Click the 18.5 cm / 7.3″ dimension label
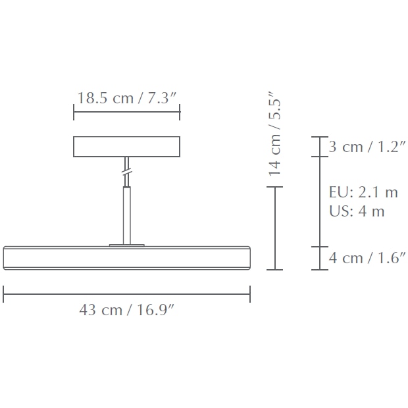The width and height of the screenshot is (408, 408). point(127,99)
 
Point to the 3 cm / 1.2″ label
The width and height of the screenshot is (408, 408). point(368,147)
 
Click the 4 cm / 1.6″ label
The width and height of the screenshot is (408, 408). point(368,257)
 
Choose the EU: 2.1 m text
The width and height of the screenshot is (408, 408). point(363,192)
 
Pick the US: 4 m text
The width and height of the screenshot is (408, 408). point(357,211)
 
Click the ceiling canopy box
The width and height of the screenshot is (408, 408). point(126,147)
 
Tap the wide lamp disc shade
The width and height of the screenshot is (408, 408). point(126,257)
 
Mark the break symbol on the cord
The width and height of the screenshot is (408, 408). point(126,173)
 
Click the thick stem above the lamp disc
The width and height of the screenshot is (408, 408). point(126,214)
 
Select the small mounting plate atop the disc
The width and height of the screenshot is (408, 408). point(126,244)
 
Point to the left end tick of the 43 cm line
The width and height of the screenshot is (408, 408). point(4,293)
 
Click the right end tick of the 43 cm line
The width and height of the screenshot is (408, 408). point(250,293)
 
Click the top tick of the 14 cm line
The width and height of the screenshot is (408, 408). point(274,188)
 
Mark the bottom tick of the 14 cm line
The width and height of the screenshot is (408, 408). point(274,270)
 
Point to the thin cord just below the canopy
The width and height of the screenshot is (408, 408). point(126,163)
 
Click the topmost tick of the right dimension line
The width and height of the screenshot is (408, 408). point(319,137)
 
